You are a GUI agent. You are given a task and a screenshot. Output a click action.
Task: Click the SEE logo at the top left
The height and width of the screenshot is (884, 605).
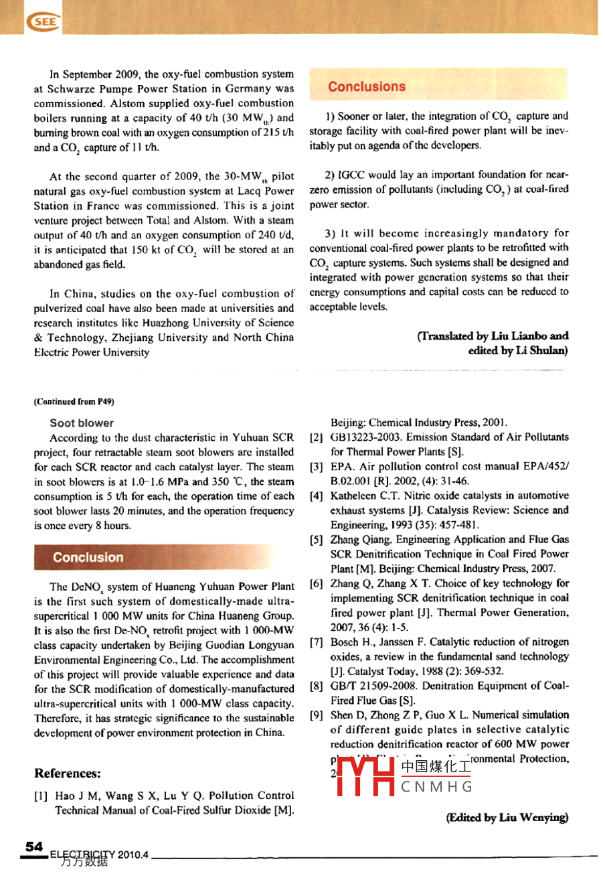44,22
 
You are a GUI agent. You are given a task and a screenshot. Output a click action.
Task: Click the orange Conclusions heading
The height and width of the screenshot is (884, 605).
367,86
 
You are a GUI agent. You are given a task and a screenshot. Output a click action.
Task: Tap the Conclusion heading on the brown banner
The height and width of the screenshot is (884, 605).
88,557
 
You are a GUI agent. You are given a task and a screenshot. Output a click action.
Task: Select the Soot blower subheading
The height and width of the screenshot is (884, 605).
82,423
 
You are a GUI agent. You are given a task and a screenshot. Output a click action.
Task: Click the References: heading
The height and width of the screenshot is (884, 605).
68,773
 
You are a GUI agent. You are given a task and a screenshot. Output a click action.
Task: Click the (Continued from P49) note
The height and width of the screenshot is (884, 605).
74,402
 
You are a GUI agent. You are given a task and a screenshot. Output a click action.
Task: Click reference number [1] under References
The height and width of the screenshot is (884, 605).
40,796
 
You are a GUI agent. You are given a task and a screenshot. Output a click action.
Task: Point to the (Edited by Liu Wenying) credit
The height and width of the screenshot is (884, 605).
507,818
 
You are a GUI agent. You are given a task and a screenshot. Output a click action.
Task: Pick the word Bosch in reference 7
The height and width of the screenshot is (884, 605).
345,642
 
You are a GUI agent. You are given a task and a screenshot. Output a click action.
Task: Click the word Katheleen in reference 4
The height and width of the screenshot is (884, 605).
355,496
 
